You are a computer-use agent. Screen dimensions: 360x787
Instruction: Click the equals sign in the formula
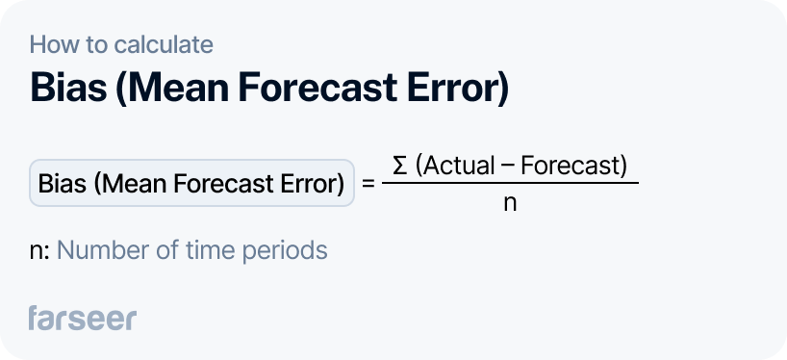[x=368, y=183]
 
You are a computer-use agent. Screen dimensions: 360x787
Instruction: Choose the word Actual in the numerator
[x=455, y=166]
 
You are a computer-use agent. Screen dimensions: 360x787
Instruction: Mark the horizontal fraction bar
[x=510, y=184]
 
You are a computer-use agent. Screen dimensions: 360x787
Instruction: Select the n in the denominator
[x=510, y=204]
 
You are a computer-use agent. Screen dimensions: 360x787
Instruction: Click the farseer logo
[x=83, y=318]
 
